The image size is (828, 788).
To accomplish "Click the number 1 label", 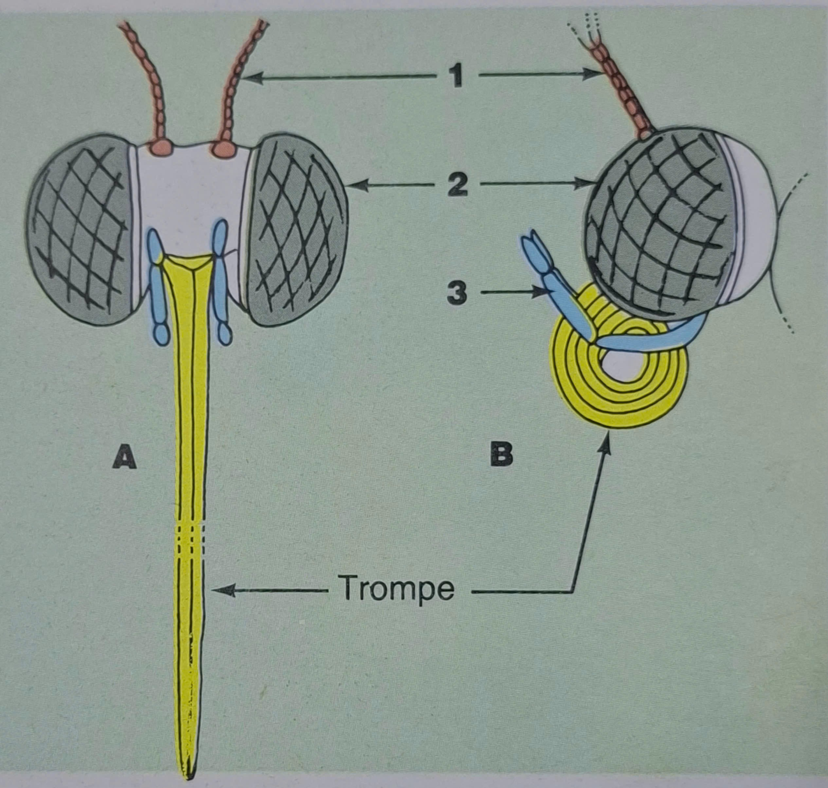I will tap(455, 76).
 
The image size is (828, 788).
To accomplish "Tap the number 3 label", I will tap(457, 293).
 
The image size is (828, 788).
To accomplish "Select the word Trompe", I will tap(398, 588).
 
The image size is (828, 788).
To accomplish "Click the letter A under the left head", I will tap(124, 457).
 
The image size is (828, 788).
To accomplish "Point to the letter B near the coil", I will tap(501, 456).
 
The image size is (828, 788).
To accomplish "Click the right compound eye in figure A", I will tap(298, 229).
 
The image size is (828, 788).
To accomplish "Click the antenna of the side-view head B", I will tap(624, 88).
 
